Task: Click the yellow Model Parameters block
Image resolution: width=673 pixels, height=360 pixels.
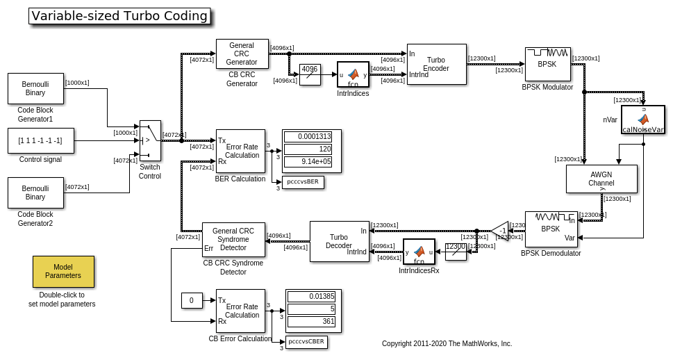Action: coord(63,272)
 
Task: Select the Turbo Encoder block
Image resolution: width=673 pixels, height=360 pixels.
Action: coord(436,65)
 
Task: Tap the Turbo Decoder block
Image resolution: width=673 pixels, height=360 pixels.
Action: coord(339,241)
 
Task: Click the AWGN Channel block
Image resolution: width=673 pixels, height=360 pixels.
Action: coord(601,179)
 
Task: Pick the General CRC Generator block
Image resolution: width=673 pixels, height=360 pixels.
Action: coord(242,54)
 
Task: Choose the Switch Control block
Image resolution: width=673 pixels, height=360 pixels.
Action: coord(149,140)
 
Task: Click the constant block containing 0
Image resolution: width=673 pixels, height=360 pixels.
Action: coord(192,300)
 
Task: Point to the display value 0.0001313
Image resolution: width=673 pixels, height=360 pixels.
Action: coord(308,137)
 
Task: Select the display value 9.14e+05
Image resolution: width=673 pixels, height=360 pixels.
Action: coord(308,162)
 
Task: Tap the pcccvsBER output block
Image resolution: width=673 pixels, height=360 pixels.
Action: coord(303,182)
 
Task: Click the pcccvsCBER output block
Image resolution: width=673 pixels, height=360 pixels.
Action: coord(306,342)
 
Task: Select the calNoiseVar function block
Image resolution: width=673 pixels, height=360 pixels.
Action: coord(642,120)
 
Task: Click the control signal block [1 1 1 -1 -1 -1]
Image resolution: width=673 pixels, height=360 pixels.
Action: coord(40,140)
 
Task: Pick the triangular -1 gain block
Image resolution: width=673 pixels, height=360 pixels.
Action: coord(501,231)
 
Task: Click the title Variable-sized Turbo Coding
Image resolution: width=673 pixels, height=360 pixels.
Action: coord(119,16)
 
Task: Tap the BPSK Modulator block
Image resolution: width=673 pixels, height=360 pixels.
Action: coord(547,64)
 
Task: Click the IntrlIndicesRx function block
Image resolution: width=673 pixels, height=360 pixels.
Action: coord(419,252)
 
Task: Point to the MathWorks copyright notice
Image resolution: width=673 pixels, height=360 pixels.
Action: coord(447,343)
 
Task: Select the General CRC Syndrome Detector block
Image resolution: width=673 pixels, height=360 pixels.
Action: coord(233,240)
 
